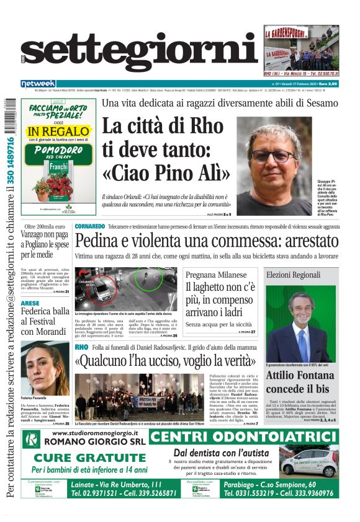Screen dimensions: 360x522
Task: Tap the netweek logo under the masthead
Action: tap(38, 83)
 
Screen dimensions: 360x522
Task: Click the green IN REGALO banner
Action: tap(59, 131)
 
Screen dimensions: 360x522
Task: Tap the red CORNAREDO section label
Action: tap(90, 226)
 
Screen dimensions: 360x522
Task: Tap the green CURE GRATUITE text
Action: tap(84, 458)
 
